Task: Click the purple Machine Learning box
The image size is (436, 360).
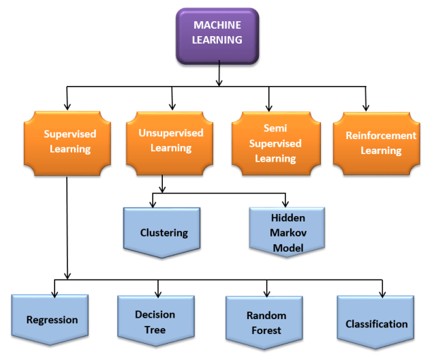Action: pyautogui.click(x=217, y=36)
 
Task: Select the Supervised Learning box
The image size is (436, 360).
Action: pyautogui.click(x=67, y=143)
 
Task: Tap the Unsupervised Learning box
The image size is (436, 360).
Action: pyautogui.click(x=170, y=143)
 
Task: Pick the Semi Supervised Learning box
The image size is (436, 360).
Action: pyautogui.click(x=276, y=143)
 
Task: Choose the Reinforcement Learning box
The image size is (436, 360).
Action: pyautogui.click(x=377, y=144)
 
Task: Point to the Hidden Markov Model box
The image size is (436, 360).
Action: pyautogui.click(x=287, y=232)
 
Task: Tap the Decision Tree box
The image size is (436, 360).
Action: pyautogui.click(x=156, y=320)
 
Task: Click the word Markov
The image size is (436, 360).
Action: pyautogui.click(x=288, y=232)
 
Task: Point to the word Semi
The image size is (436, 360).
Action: pyautogui.click(x=275, y=128)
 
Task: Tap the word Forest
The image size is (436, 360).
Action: pyautogui.click(x=266, y=330)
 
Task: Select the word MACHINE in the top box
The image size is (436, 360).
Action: pyautogui.click(x=217, y=25)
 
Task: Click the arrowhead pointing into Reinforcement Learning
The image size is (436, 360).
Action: pyautogui.click(x=367, y=108)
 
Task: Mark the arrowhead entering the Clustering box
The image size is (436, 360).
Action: pyautogui.click(x=153, y=205)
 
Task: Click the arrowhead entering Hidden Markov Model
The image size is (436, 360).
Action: pyautogui.click(x=285, y=204)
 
